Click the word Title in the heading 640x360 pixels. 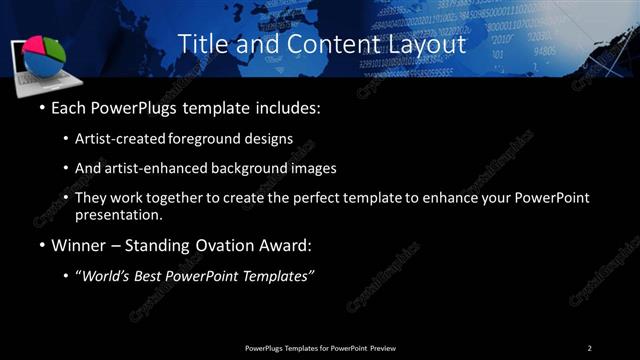pos(199,45)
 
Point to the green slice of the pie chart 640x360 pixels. pos(56,48)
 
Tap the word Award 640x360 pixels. pos(286,244)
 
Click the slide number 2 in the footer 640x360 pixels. pos(589,347)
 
